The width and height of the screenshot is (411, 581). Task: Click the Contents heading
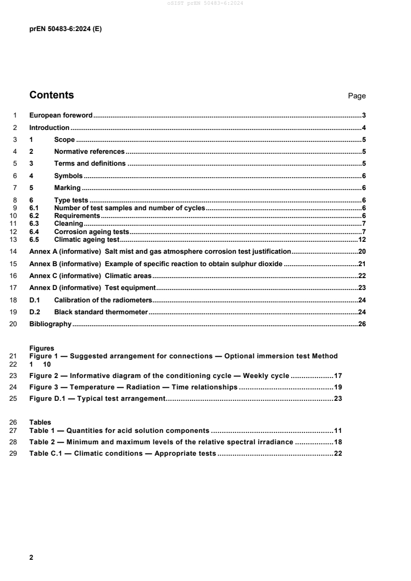(x=52, y=95)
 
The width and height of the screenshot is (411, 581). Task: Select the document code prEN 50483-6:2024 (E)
(x=65, y=30)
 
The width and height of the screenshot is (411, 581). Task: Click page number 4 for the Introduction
(x=364, y=127)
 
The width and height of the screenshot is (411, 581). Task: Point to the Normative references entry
(x=89, y=152)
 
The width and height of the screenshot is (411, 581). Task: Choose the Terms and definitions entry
(x=90, y=164)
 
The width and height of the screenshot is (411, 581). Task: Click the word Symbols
(x=68, y=176)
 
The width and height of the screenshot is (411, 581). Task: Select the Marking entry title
(x=67, y=188)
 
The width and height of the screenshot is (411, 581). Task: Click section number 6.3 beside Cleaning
(x=34, y=224)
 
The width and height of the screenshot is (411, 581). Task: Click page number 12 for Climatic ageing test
(x=362, y=240)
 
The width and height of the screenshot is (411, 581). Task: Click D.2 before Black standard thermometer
(x=34, y=312)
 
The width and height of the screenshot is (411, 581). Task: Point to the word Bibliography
(x=50, y=325)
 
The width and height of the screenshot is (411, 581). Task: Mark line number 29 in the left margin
(x=15, y=454)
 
